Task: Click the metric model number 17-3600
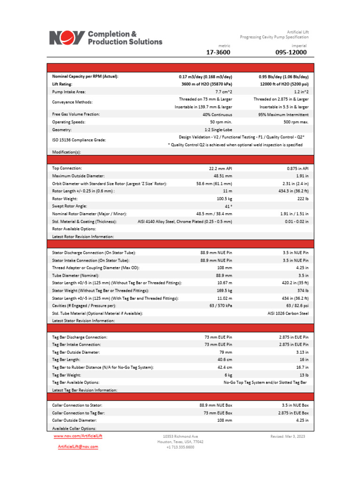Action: [x=219, y=52]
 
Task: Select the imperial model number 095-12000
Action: [x=291, y=52]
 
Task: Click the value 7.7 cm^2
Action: [x=223, y=92]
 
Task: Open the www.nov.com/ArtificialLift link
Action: [x=78, y=436]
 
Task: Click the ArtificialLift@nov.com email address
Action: [x=78, y=447]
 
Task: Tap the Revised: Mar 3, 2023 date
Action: [x=288, y=436]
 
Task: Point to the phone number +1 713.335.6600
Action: [x=180, y=447]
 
